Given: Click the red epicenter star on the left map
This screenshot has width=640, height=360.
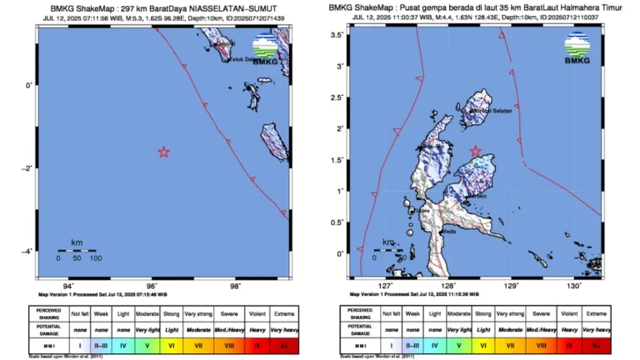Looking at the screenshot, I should click(x=163, y=152).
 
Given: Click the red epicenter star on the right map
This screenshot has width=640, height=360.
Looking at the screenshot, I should click(x=476, y=151).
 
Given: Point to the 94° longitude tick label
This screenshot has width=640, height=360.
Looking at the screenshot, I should click(x=67, y=286).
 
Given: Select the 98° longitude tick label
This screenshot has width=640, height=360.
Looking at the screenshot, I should click(x=236, y=286).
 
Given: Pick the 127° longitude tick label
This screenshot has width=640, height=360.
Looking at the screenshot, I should click(x=386, y=286).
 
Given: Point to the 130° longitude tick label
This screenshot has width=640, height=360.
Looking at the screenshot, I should click(x=573, y=286).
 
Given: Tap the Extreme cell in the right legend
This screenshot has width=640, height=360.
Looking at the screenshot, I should click(x=596, y=312).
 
